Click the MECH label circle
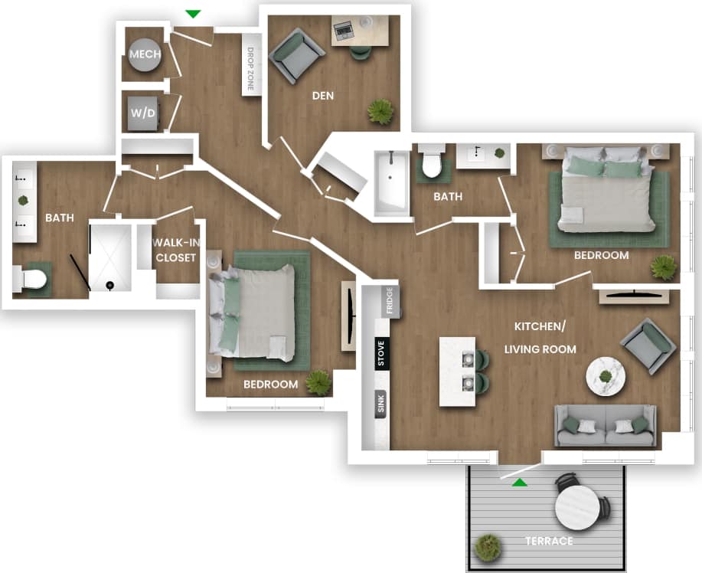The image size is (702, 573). [144, 55]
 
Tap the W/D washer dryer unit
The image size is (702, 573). [143, 113]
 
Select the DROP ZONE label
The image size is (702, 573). [250, 68]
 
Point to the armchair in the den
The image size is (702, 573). [295, 55]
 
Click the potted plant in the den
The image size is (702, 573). [380, 112]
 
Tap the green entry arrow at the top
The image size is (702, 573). [194, 14]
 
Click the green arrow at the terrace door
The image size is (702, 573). [520, 482]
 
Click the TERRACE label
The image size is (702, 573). [548, 541]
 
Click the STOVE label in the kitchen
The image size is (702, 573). [380, 353]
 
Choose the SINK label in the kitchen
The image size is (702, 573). [380, 404]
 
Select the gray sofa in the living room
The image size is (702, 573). [606, 426]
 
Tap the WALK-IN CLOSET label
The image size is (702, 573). [175, 250]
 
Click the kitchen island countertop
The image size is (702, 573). [456, 372]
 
